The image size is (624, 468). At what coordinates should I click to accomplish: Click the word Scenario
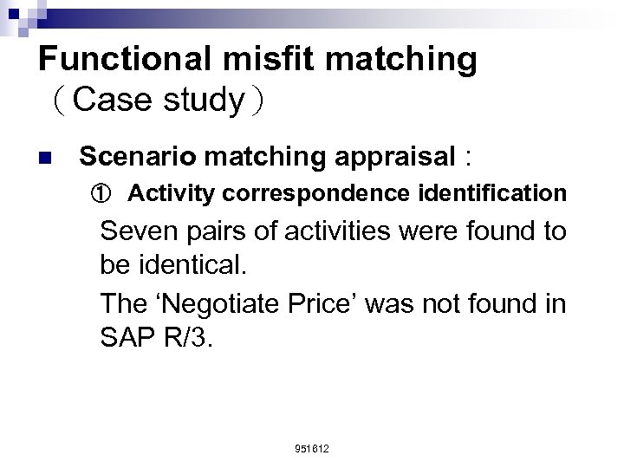pyautogui.click(x=133, y=157)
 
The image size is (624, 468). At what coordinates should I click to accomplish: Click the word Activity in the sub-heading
pyautogui.click(x=168, y=193)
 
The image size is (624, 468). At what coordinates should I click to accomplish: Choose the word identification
pyautogui.click(x=488, y=193)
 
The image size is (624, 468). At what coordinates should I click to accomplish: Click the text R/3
pyautogui.click(x=187, y=336)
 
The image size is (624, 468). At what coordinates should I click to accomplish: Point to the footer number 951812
pyautogui.click(x=312, y=448)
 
